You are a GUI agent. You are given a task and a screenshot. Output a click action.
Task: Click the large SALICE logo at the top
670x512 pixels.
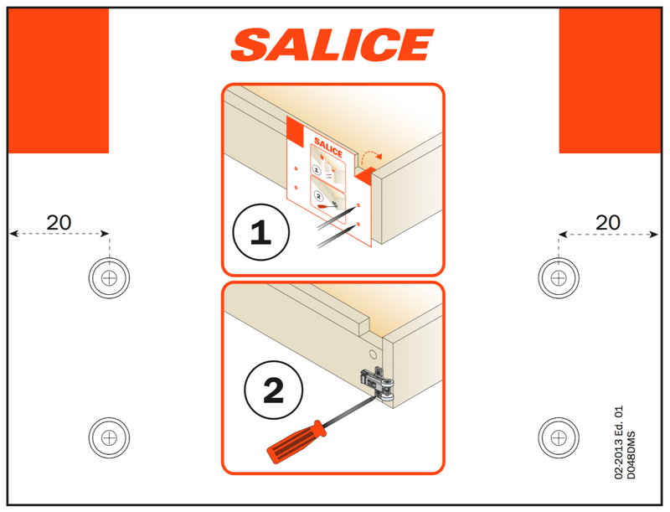click(332, 45)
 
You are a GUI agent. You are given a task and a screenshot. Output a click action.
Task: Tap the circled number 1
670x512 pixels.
click(260, 232)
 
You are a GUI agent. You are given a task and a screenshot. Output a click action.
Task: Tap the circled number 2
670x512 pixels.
click(274, 390)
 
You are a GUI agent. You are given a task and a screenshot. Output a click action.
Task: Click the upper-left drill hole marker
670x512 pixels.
click(109, 278)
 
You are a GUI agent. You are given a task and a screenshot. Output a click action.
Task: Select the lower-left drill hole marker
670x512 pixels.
click(109, 437)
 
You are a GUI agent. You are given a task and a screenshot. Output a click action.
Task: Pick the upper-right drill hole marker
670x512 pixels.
click(559, 278)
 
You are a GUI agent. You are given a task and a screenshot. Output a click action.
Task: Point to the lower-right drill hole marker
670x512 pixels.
click(559, 437)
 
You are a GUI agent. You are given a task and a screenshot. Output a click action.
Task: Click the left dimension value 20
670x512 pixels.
click(59, 222)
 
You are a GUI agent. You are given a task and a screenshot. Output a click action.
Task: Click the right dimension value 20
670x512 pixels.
click(608, 222)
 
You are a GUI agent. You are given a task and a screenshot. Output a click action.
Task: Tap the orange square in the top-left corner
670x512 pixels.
click(59, 80)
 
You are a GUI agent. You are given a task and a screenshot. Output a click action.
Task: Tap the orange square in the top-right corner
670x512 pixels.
click(611, 80)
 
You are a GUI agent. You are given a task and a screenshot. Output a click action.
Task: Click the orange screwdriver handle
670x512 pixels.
click(296, 442)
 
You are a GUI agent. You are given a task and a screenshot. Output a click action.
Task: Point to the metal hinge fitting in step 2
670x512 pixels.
click(377, 384)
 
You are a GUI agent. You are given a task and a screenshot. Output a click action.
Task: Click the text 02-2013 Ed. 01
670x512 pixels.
click(619, 442)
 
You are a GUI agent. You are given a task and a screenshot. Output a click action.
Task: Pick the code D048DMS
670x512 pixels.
click(631, 455)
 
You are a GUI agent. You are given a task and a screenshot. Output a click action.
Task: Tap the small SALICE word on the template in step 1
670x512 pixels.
click(328, 147)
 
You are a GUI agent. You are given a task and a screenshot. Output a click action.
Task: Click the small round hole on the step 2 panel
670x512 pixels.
click(373, 354)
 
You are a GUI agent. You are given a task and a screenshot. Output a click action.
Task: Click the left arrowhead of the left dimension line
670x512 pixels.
click(13, 233)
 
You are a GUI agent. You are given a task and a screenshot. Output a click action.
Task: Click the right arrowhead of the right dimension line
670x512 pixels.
click(654, 234)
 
